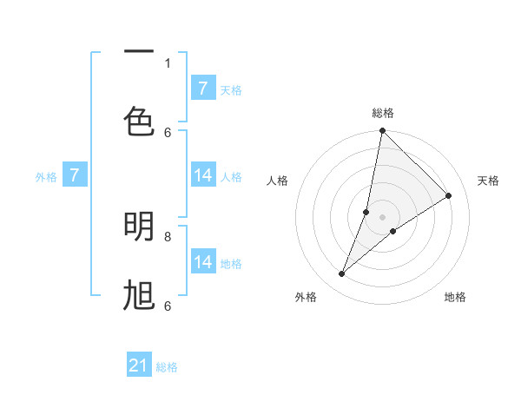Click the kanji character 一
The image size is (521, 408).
(139, 53)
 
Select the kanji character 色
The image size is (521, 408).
(139, 122)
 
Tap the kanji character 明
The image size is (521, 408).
(139, 227)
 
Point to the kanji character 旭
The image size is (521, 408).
(139, 297)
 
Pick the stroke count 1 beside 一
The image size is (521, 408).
(168, 63)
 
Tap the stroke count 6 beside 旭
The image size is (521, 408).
(168, 306)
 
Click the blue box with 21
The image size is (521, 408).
(139, 365)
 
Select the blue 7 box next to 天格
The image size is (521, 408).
(202, 89)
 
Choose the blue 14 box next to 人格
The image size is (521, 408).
(202, 175)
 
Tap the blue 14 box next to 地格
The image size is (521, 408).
(202, 262)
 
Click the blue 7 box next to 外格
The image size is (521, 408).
(75, 175)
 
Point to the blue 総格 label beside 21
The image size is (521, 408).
(167, 367)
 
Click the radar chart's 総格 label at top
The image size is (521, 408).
(382, 113)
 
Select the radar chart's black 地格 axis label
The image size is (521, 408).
(455, 297)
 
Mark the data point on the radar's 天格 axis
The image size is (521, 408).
(449, 195)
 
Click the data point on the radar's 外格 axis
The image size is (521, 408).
(342, 274)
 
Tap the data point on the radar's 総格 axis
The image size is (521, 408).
(382, 131)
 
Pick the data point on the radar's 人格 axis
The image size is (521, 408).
(366, 212)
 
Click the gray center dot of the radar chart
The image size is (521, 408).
(382, 217)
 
